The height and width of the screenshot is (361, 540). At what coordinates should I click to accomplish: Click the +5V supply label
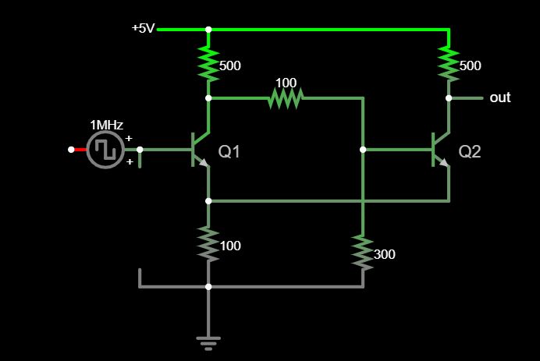pos(144,28)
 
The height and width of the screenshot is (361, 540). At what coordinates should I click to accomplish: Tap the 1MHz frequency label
pos(106,125)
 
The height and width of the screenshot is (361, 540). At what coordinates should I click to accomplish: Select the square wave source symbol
pos(105,149)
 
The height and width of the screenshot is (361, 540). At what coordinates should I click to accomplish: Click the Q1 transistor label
pos(229,152)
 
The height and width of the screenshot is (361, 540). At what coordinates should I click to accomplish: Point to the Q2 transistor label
pos(470,152)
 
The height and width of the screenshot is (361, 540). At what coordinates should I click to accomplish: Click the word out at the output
pos(499,97)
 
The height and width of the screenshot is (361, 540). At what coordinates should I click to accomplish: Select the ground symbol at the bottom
pos(208,342)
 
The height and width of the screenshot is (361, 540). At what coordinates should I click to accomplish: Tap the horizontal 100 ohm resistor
pos(285,98)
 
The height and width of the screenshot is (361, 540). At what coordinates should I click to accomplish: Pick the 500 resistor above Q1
pos(208,65)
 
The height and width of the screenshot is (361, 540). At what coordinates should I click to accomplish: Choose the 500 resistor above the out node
pos(449,65)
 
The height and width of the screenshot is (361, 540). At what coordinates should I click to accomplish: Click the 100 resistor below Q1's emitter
pos(208,244)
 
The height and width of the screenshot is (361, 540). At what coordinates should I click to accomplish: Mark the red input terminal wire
pos(78,149)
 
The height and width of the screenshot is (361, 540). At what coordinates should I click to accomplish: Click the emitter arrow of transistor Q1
pos(204,162)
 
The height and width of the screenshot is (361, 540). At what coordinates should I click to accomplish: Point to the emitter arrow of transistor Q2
pos(444,162)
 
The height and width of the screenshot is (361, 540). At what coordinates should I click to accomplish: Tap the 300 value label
pos(384,254)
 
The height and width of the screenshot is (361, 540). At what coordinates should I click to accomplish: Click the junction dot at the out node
pos(449,98)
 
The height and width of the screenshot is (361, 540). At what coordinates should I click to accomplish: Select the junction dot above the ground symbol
pos(208,287)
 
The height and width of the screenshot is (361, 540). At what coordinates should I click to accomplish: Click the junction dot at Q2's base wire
pos(363,149)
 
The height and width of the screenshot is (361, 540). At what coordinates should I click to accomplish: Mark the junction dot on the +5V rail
pos(208,30)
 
